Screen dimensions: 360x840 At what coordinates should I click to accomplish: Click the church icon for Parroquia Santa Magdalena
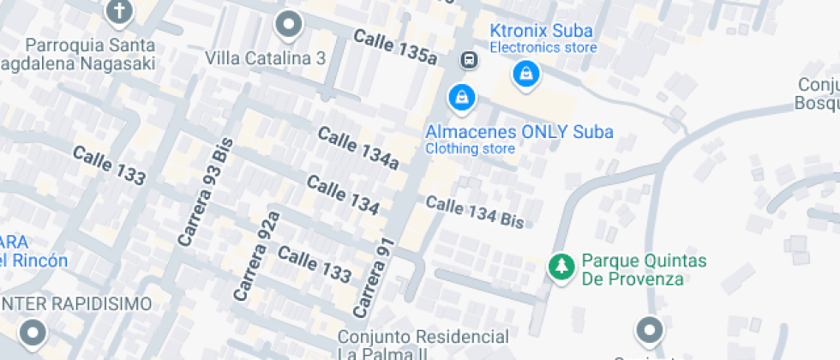tap(118, 12)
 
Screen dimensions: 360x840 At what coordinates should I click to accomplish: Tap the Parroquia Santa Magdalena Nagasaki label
tap(90, 54)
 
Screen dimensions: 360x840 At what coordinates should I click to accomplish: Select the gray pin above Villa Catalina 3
tap(290, 26)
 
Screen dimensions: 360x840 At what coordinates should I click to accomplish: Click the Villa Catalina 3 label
tap(266, 58)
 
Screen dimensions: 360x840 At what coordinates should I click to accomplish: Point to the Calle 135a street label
tap(395, 47)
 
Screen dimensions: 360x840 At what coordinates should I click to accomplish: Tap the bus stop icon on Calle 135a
tap(469, 60)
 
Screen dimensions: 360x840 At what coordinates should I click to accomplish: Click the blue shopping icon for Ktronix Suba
tap(525, 75)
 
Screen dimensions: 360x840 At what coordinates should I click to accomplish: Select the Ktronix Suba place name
tap(541, 31)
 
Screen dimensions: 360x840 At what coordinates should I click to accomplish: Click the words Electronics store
tap(543, 47)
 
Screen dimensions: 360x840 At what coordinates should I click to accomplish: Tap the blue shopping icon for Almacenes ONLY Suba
tap(462, 97)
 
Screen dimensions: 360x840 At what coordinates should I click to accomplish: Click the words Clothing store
tap(471, 148)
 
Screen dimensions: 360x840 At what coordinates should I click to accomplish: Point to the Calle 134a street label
tap(358, 147)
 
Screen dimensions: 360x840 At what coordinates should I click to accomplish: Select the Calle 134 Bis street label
tap(474, 211)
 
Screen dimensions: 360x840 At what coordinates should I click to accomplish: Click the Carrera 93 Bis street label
tap(206, 198)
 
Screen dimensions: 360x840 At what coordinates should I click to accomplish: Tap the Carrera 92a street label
tap(257, 255)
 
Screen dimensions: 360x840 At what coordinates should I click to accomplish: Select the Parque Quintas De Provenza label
tap(644, 269)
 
